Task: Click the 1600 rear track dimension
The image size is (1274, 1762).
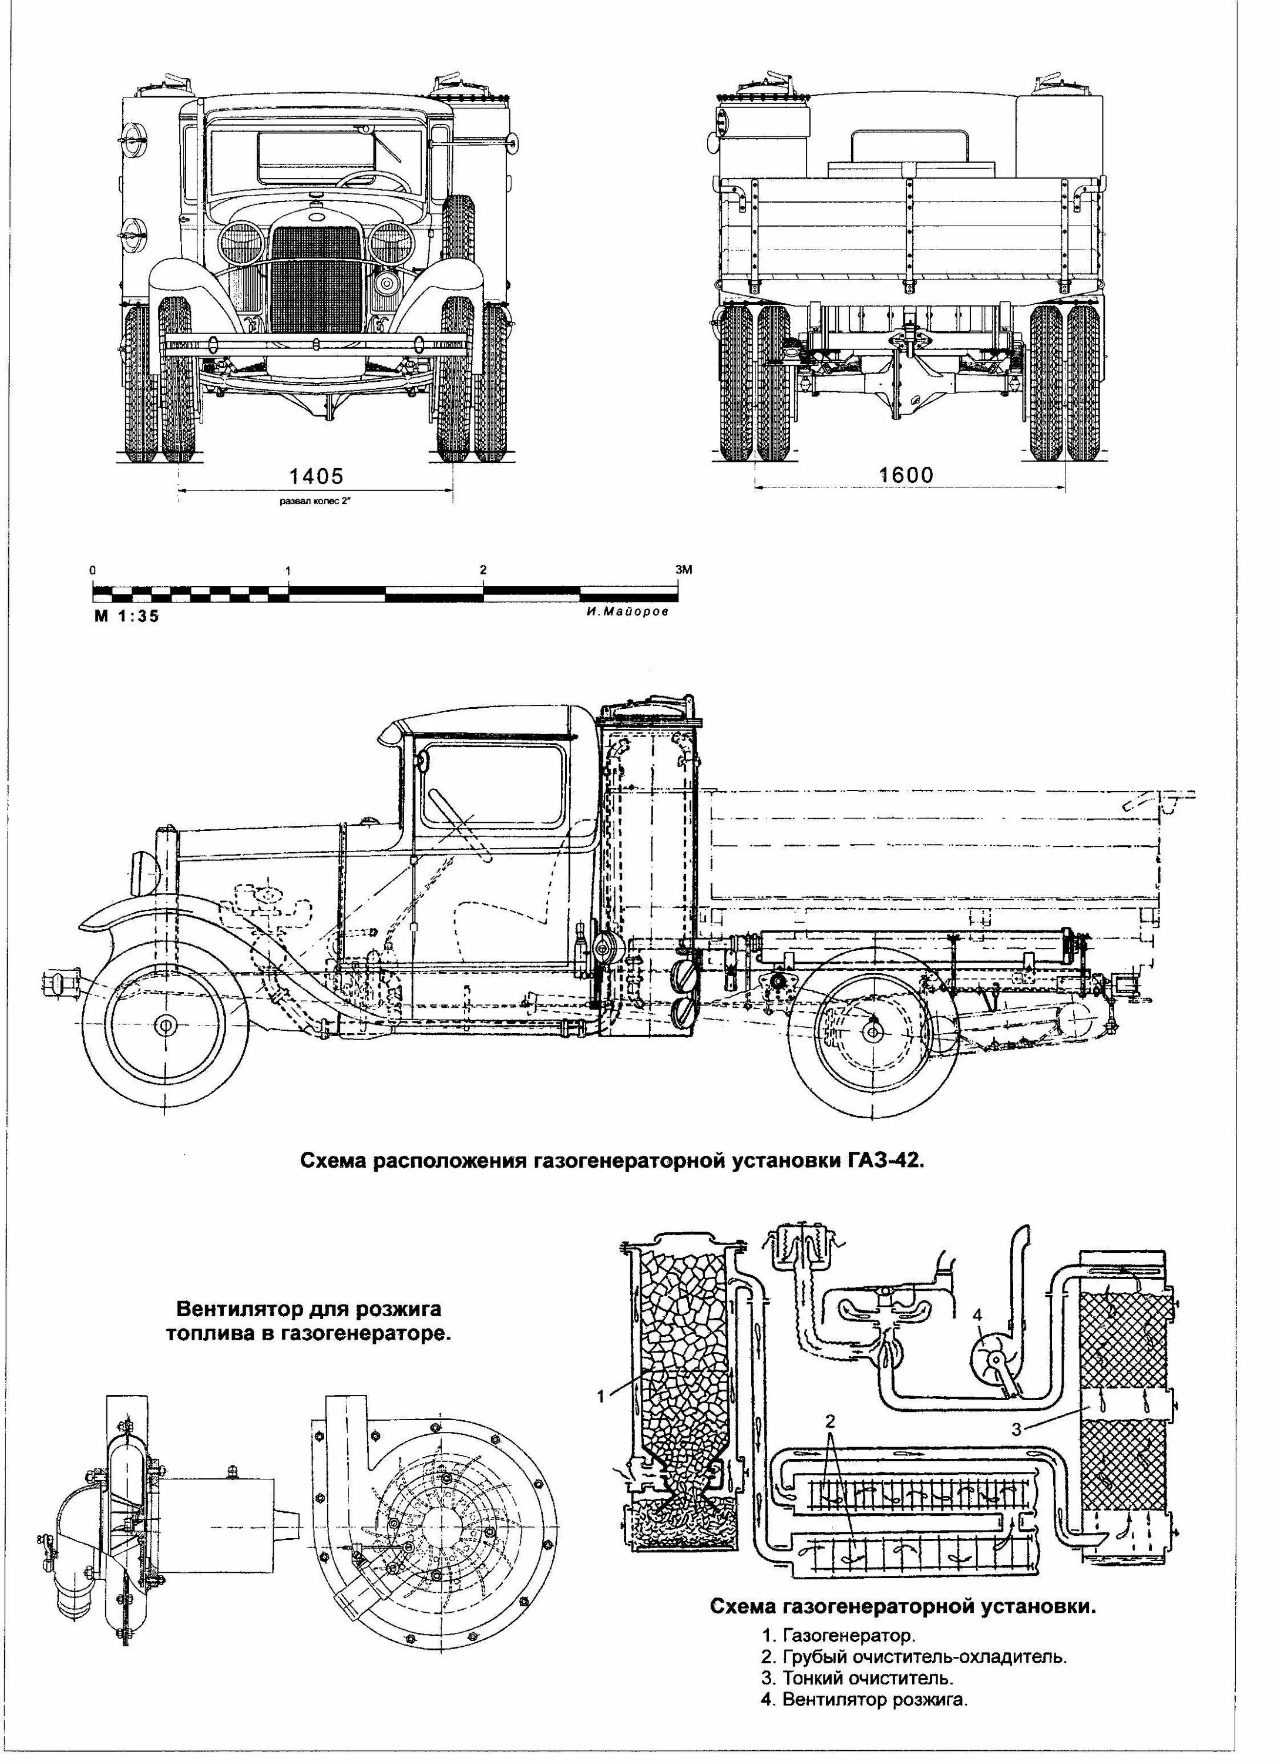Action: click(x=906, y=473)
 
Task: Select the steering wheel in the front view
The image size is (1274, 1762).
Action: click(x=373, y=180)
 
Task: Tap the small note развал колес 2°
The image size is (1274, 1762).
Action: click(x=316, y=501)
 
